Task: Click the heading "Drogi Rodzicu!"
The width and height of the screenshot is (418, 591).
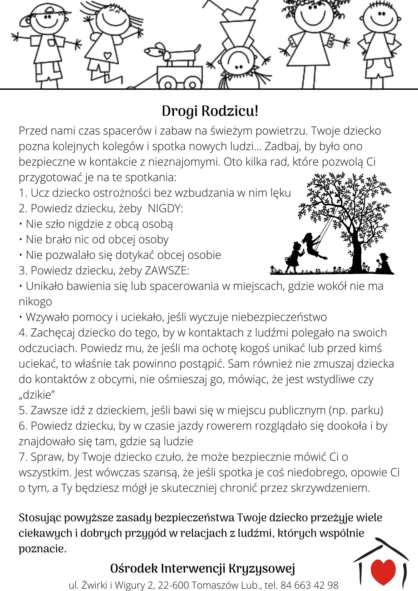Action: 210,111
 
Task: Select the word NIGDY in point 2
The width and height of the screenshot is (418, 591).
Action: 165,208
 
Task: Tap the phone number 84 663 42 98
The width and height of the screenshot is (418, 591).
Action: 309,585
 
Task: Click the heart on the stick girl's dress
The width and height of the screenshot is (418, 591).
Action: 107,56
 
